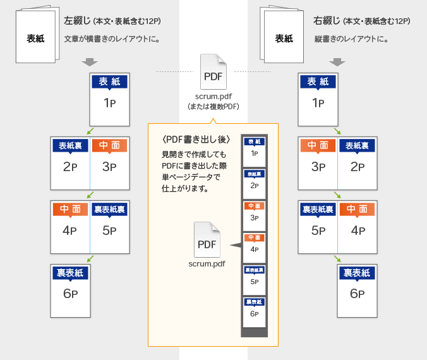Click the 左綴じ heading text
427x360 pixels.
78,21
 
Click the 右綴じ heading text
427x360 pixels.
327,21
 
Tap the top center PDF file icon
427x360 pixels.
213,72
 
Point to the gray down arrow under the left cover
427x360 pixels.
89,62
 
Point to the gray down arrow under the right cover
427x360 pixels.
338,62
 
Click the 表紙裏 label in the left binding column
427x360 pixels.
70,146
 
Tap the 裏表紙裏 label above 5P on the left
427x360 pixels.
110,209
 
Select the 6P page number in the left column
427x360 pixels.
70,294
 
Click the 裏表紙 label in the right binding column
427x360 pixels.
357,273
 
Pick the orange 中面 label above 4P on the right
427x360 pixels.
357,209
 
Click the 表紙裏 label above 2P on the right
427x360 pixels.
357,146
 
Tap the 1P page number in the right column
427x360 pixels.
318,103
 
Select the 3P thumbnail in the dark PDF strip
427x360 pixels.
254,214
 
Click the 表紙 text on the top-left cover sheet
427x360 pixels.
35,39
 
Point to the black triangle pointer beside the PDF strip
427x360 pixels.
234,244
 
